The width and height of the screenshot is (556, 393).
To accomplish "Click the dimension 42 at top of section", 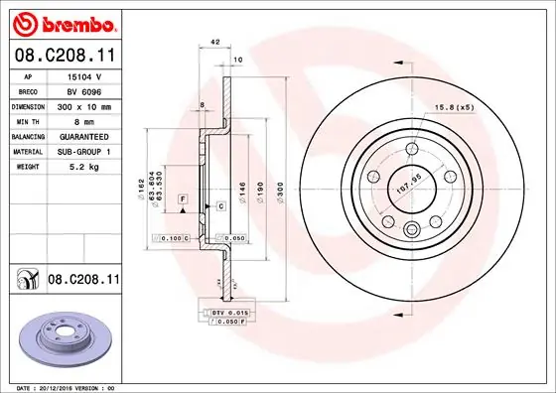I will [x=215, y=44].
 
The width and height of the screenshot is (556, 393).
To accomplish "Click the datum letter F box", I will [x=183, y=200].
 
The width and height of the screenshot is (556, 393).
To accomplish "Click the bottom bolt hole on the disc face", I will [x=412, y=230].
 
